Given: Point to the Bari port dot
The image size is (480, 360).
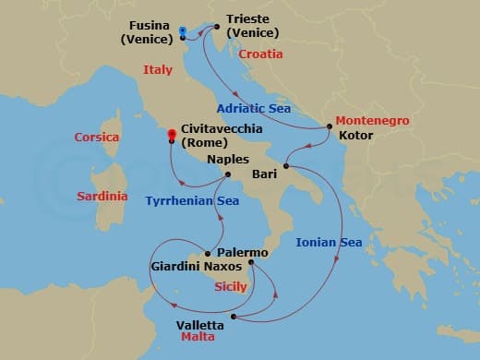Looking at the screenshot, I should [286, 166].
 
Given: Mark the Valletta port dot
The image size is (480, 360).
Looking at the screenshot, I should [234, 318].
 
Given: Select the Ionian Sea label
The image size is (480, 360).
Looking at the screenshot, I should [328, 243].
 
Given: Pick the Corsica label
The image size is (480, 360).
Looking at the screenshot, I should [97, 138].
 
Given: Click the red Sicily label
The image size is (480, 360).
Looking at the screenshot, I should [230, 287].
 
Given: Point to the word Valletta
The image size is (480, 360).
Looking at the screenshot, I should [199, 325].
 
